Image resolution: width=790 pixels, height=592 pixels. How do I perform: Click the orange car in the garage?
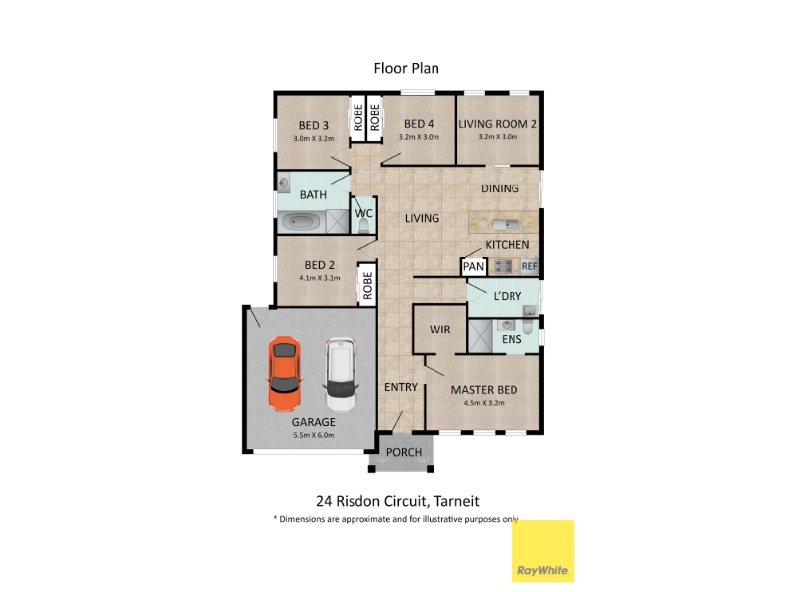(284, 374)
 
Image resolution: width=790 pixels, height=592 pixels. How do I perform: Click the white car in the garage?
(341, 375)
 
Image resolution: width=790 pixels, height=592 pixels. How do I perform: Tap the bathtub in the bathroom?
(301, 221)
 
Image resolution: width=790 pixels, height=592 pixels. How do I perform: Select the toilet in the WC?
(363, 226)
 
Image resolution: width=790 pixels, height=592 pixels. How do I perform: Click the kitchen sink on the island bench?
(505, 225)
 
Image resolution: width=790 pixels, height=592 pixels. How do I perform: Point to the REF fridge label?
(529, 266)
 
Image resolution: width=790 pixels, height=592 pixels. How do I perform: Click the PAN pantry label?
(473, 266)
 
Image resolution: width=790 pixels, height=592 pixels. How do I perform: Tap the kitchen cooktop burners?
(503, 265)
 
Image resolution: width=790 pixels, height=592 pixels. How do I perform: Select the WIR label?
(439, 330)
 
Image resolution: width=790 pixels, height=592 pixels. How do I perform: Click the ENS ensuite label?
(512, 339)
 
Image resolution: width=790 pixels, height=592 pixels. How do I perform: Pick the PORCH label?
(404, 452)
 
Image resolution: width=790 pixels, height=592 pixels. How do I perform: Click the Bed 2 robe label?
(367, 286)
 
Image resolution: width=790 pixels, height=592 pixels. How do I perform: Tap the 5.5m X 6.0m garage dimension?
(313, 435)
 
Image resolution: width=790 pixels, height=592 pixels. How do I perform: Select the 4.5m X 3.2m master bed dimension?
(484, 403)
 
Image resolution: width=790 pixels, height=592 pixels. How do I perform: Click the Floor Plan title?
(406, 68)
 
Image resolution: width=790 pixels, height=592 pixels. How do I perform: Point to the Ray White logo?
(542, 551)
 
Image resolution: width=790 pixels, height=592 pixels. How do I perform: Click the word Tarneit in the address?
(456, 501)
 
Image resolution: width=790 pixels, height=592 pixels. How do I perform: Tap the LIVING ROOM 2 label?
(498, 124)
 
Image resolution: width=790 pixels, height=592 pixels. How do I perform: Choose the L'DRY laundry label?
(507, 296)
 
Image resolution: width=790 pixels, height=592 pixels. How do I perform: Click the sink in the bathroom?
(284, 183)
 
